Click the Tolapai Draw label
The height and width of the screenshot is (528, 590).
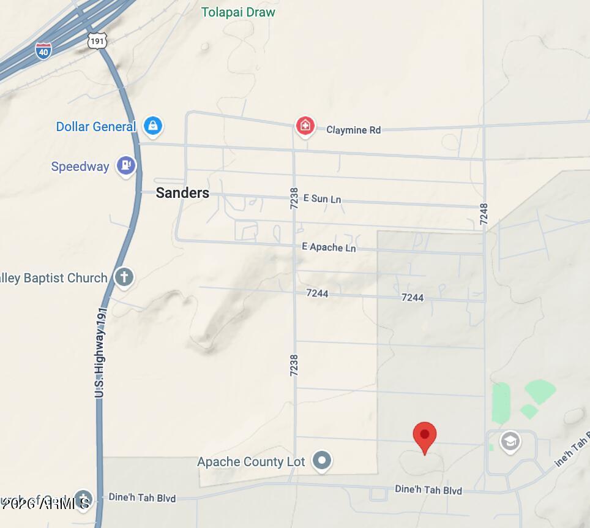[239, 12]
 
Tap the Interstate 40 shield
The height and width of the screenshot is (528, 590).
[43, 50]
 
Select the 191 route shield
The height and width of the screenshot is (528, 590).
[97, 41]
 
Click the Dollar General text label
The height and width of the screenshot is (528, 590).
[95, 127]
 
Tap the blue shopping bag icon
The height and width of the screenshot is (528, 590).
[152, 126]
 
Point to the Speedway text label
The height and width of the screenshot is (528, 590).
[80, 167]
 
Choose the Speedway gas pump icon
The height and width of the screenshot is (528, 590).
[126, 165]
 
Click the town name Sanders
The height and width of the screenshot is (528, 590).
[182, 193]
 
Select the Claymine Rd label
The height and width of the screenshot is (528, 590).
[353, 130]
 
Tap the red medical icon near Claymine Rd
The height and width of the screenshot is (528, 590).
[305, 126]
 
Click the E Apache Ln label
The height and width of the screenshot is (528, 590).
[329, 247]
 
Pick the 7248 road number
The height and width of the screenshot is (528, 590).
[484, 214]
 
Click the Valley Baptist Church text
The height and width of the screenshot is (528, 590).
[54, 278]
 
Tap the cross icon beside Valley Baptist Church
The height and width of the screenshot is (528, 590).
[124, 277]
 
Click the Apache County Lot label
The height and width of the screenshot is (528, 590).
[251, 462]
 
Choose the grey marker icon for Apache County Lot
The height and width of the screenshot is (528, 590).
[322, 460]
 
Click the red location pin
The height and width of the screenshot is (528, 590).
[425, 437]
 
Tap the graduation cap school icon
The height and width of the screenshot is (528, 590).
[510, 440]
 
